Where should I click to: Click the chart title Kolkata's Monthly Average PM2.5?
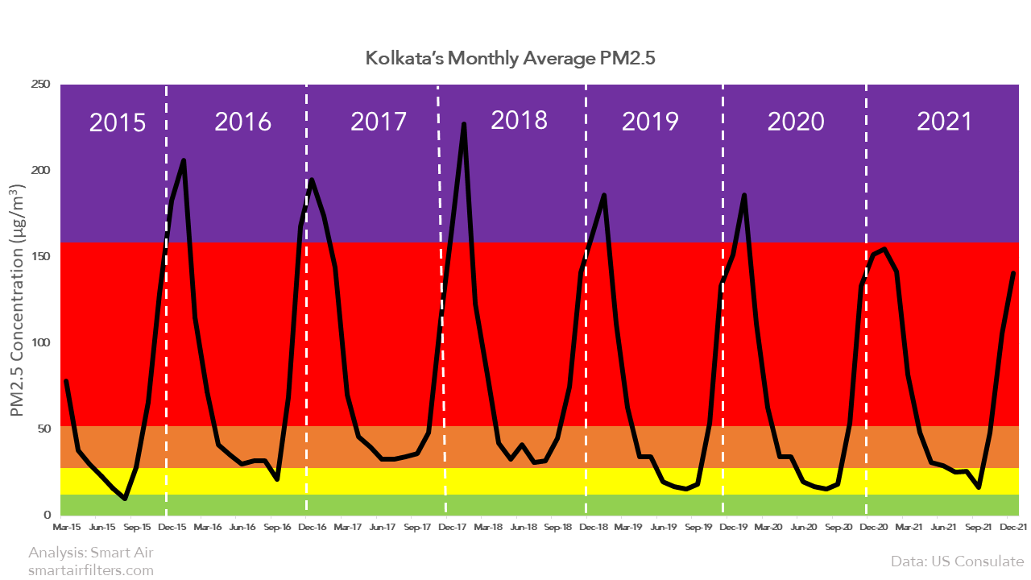tap(515, 59)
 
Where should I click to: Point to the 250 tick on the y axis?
tap(39, 85)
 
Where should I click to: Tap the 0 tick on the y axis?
tap(47, 514)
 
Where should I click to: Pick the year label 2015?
tap(117, 122)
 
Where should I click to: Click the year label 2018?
tap(519, 120)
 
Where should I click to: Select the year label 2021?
tap(945, 122)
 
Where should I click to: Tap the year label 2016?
tap(242, 122)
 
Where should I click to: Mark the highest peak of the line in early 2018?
tap(464, 124)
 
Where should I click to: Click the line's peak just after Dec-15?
tap(184, 160)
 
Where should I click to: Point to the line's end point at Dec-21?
tap(1013, 274)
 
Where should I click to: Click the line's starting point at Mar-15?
tap(66, 381)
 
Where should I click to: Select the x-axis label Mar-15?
tap(66, 528)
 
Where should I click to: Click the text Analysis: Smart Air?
tap(90, 553)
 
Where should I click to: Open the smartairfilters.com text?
tap(90, 570)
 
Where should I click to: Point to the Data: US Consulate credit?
tap(957, 561)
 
